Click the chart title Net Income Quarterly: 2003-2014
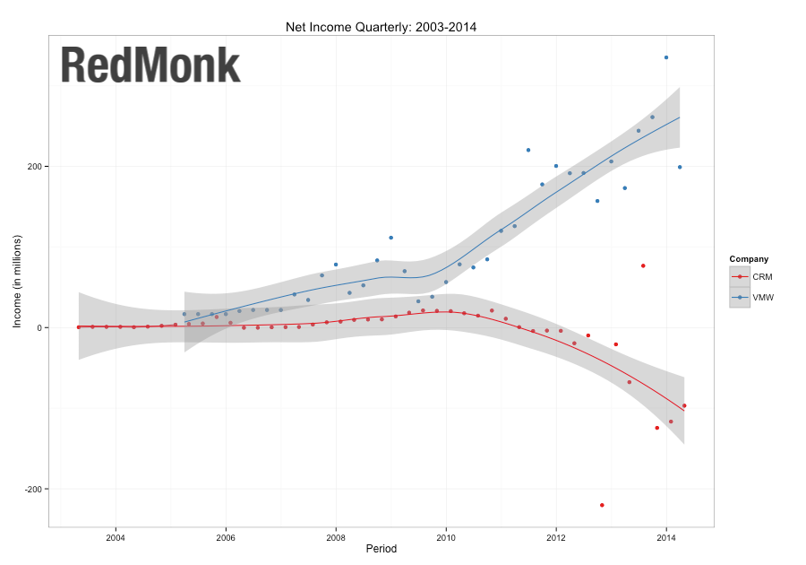pyautogui.click(x=381, y=27)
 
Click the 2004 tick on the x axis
pyautogui.click(x=116, y=538)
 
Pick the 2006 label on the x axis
pyautogui.click(x=226, y=538)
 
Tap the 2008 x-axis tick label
pyautogui.click(x=336, y=538)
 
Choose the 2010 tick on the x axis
pyautogui.click(x=446, y=538)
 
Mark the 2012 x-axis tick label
pyautogui.click(x=556, y=538)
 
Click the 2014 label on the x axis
pyautogui.click(x=666, y=538)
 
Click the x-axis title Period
pyautogui.click(x=381, y=549)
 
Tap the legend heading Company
pyautogui.click(x=749, y=259)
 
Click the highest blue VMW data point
pyautogui.click(x=666, y=57)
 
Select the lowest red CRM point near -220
pyautogui.click(x=602, y=505)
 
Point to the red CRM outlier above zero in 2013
pyautogui.click(x=643, y=265)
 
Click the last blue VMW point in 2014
pyautogui.click(x=680, y=167)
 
